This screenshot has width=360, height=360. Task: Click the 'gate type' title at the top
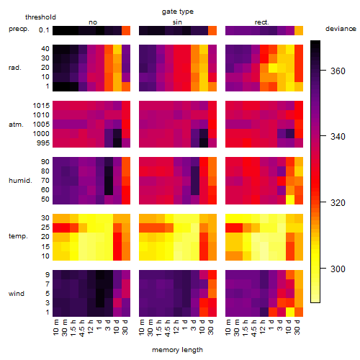pos(178,12)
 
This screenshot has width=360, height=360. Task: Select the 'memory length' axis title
pos(177,350)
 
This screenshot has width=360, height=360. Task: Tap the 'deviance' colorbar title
pos(341,29)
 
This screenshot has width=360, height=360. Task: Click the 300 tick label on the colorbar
pos(338,269)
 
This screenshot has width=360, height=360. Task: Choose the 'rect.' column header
pos(261,22)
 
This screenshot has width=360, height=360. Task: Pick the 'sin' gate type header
pos(177,22)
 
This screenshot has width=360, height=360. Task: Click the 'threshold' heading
pos(40,17)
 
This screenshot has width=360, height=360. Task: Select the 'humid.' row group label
pos(20,181)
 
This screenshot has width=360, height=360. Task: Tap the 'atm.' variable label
pos(16,125)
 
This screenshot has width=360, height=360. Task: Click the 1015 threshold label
pos(41,106)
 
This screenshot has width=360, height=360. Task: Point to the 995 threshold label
pos(43,143)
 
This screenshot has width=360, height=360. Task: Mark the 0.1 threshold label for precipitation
pos(44,30)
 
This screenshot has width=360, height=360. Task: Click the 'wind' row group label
pos(17,294)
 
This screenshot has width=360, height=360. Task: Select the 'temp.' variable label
pos(18,236)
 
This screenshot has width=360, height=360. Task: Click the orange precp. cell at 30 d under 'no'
pos(126,30)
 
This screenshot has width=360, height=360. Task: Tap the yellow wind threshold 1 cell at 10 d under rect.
pos(290,312)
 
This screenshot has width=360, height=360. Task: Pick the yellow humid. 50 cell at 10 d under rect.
pos(290,199)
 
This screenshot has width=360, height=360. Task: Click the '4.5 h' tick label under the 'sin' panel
pos(168,328)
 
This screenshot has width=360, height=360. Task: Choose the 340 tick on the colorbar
pos(323,136)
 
